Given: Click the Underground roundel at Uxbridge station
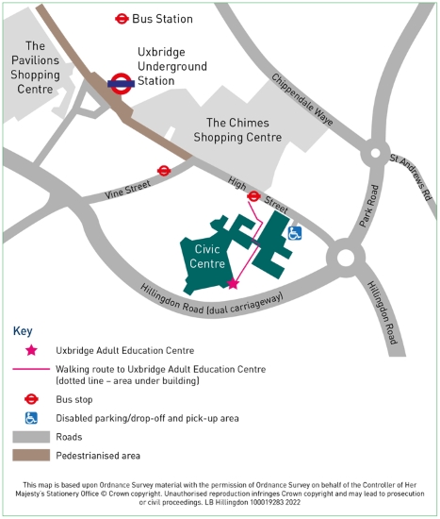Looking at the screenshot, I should pos(120,83).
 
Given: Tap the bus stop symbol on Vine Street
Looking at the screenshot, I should pos(164,171).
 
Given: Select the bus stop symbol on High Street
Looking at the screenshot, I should pos(254,196).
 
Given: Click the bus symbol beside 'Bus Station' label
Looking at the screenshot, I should pos(122,18).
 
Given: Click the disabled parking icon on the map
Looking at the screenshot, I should pos(295,233).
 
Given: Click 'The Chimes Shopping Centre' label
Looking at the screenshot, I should pos(243,130).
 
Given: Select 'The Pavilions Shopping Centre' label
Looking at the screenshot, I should pos(38,67).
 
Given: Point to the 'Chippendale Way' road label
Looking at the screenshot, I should pos(302,100).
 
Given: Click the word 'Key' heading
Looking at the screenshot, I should pos(23,331).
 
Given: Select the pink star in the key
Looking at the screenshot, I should pos(31,350).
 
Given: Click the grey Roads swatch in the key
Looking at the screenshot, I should pos(31,437).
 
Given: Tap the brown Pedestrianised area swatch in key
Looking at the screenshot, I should pos(31,455).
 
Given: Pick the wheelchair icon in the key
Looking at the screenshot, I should pos(31,417).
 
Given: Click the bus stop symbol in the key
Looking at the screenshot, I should pos(31,399).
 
